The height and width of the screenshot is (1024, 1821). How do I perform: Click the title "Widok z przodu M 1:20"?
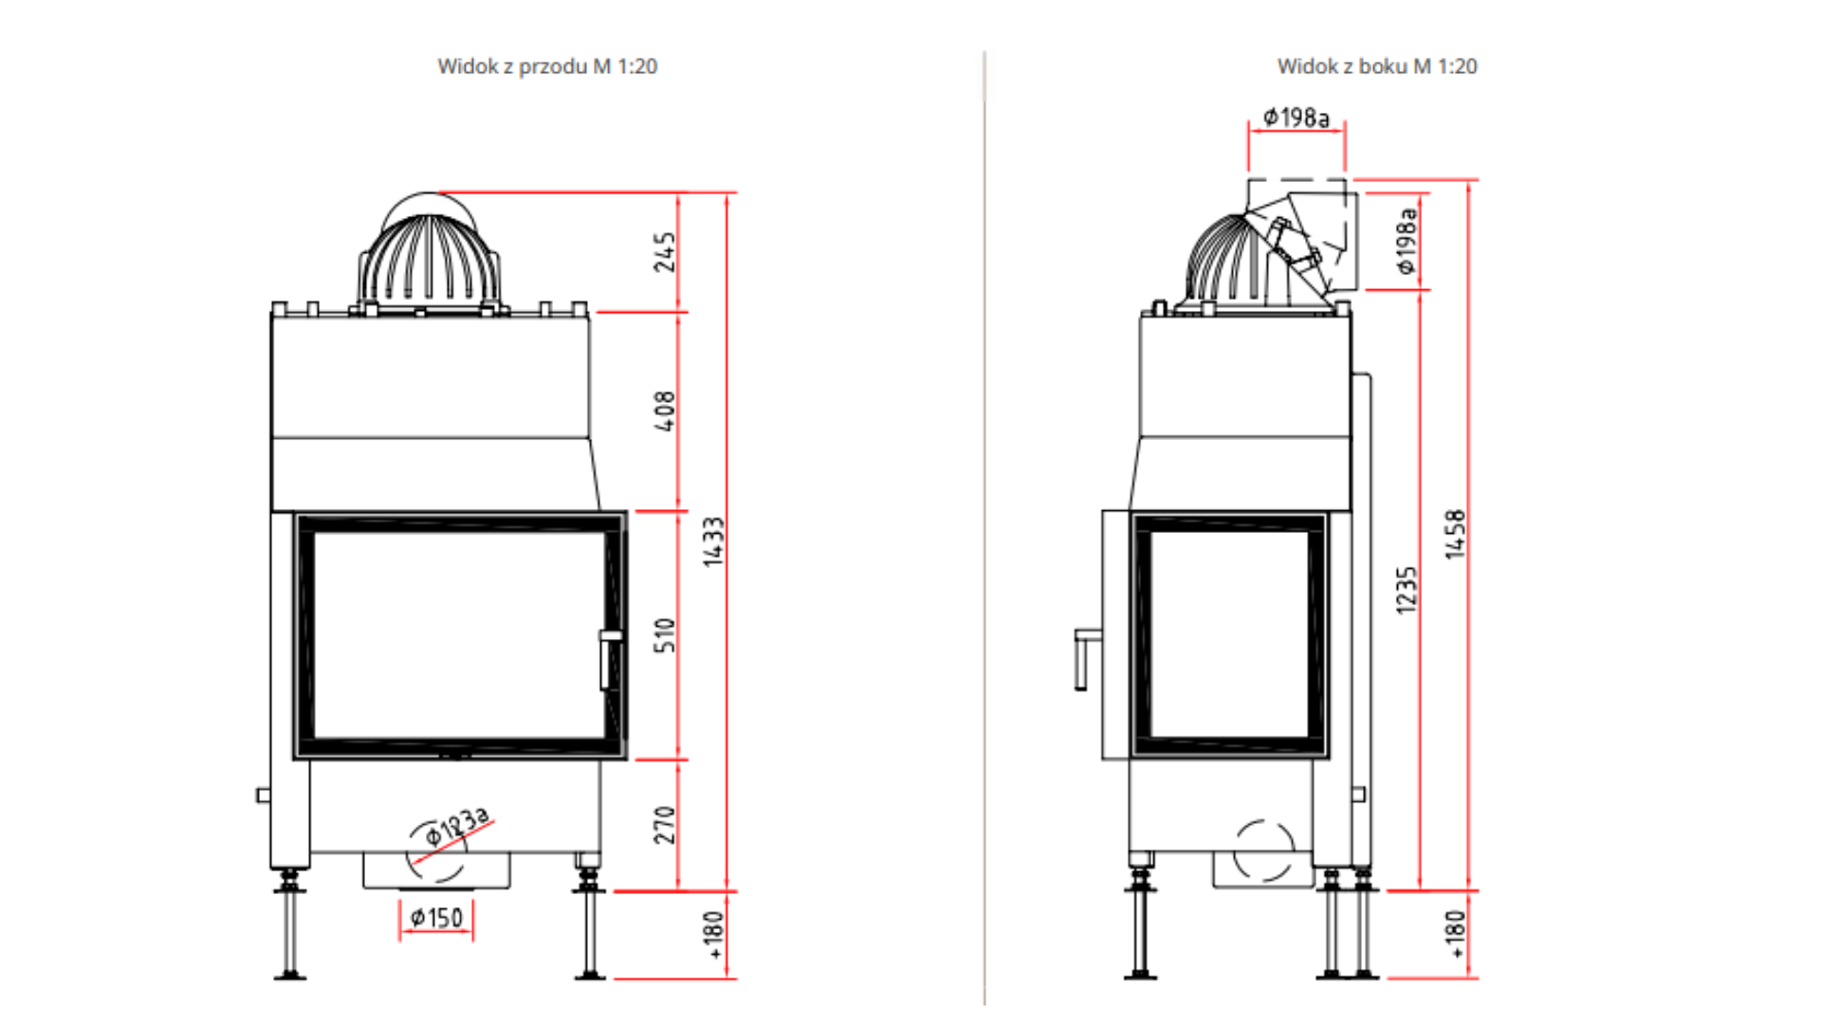point(547,66)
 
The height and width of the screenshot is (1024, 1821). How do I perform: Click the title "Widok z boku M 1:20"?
point(1377,66)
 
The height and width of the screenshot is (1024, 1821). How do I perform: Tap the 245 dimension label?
point(665,251)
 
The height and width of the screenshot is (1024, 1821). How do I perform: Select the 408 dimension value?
point(665,411)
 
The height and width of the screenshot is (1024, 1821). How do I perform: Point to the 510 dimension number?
point(665,634)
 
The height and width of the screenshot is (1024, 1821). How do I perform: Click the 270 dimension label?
point(665,824)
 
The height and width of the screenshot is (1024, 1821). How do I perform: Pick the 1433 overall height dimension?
point(713,541)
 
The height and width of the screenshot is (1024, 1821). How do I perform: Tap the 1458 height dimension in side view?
point(1455,534)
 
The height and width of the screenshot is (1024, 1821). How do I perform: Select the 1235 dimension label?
point(1407,590)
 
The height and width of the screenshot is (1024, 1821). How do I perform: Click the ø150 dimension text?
point(436,918)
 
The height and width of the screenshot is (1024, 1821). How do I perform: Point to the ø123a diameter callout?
point(456,827)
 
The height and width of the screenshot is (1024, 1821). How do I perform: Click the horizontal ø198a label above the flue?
point(1297,118)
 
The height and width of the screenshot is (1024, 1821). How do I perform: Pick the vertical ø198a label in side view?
point(1407,241)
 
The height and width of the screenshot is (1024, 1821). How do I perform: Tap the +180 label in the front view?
point(713,935)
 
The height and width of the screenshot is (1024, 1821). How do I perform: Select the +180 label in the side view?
point(1455,935)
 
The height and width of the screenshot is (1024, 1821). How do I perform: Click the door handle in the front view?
point(610,660)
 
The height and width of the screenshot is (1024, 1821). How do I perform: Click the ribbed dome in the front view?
point(429,261)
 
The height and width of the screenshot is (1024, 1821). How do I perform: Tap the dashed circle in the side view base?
point(1264,850)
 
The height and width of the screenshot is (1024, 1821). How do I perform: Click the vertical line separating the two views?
point(984,527)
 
